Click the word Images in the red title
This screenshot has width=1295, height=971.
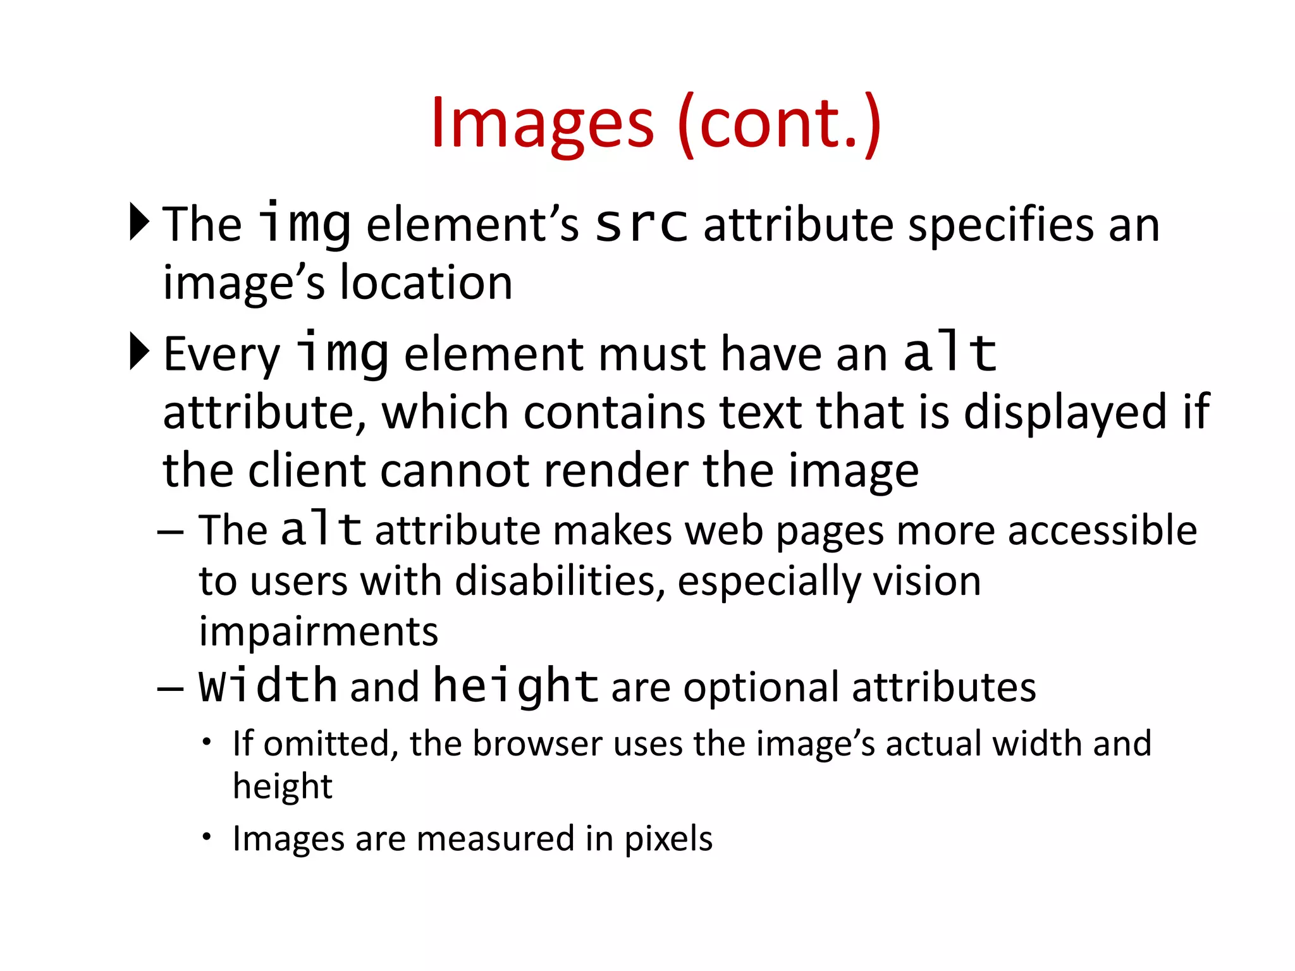pos(542,125)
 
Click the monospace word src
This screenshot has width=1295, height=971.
pos(641,224)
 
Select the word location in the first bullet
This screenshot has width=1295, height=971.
pos(426,283)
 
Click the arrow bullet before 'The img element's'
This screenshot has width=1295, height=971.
pos(139,222)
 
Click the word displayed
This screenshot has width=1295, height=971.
pos(1065,413)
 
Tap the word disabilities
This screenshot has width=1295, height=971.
pos(560,582)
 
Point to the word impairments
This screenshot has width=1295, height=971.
pos(318,632)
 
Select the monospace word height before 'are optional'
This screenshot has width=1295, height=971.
pos(515,687)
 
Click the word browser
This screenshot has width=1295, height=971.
pos(537,743)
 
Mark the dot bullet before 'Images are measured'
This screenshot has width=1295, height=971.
pos(206,837)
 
